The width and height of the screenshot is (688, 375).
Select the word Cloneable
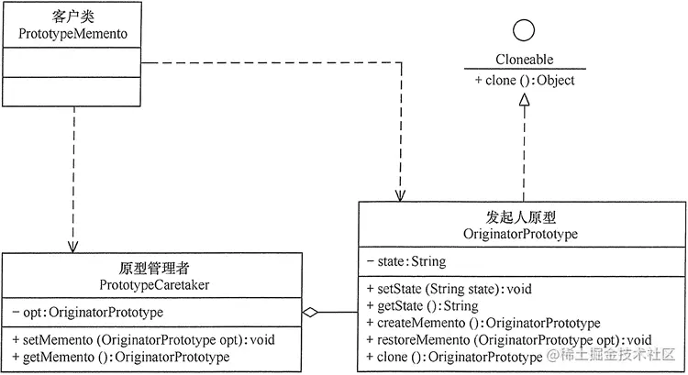(x=525, y=61)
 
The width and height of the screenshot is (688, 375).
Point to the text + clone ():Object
(x=525, y=81)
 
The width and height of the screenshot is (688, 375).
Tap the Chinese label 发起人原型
(x=523, y=217)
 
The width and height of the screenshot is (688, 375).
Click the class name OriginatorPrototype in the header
(x=523, y=235)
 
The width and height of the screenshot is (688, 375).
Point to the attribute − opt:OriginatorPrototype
(x=88, y=313)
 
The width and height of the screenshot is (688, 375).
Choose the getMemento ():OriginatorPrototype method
(x=121, y=356)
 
